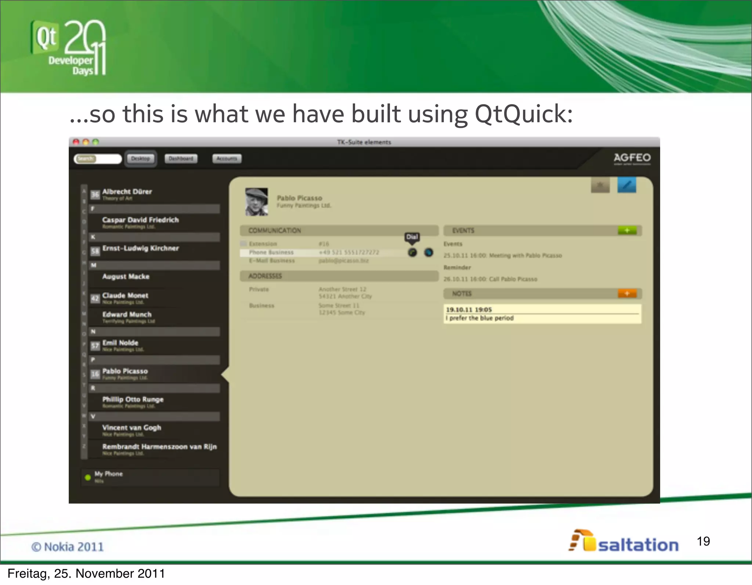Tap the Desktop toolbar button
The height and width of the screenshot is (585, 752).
click(141, 159)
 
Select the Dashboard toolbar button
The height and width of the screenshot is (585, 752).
click(181, 159)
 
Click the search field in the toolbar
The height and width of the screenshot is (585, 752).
click(98, 159)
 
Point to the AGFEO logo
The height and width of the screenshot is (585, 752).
click(632, 158)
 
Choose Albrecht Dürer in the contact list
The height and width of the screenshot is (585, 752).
click(127, 192)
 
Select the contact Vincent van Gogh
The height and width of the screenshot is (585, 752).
click(131, 428)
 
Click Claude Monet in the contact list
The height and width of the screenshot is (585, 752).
click(125, 296)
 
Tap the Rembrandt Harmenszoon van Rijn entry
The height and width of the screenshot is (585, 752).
click(159, 447)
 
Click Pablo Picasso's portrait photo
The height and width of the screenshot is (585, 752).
click(256, 202)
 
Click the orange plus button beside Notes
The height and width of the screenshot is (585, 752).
click(627, 293)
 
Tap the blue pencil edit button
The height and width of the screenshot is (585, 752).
click(627, 185)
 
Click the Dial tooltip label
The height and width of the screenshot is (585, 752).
click(412, 237)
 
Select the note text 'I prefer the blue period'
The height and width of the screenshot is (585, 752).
click(480, 318)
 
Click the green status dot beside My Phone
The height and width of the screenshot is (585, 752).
click(88, 477)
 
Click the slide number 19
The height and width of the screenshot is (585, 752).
click(703, 541)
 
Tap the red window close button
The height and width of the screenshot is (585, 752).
click(76, 142)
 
